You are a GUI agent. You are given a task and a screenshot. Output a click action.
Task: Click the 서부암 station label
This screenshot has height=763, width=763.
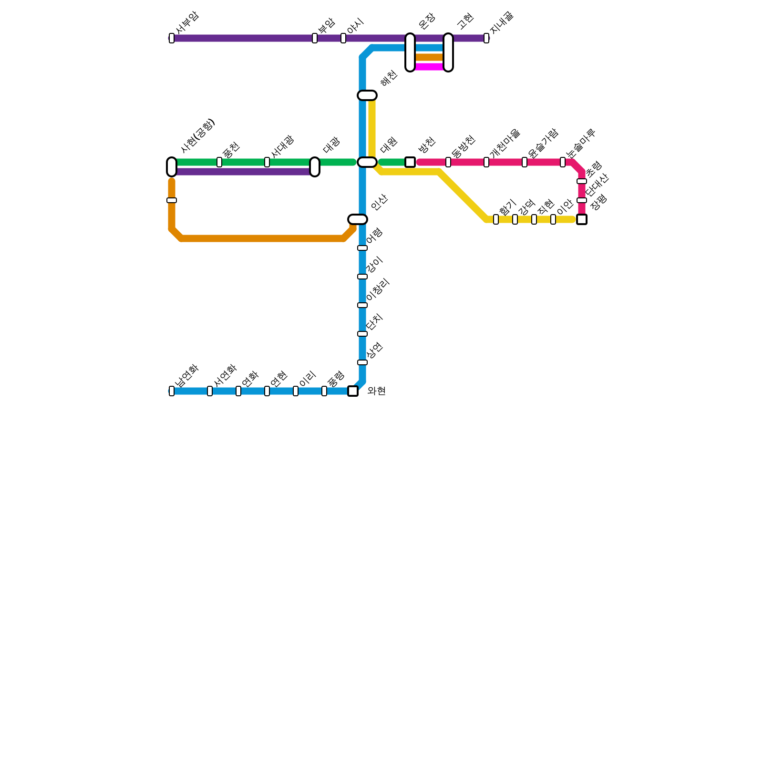[187, 22]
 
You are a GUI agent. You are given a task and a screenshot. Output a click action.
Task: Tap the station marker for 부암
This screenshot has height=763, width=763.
[315, 38]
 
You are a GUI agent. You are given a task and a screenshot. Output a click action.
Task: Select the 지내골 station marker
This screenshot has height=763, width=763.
[486, 38]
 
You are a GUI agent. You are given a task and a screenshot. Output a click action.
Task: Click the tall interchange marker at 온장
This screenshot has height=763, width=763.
[410, 52]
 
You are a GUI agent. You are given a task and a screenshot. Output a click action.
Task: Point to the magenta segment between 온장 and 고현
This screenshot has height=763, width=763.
[429, 67]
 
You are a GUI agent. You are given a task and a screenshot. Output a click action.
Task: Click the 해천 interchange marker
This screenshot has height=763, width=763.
[367, 95]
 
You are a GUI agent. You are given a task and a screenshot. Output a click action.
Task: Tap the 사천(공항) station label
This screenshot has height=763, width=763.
[198, 136]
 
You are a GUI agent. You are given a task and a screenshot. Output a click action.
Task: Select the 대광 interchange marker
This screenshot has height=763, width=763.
[315, 167]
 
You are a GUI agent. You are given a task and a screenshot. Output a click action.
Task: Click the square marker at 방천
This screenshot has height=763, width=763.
[410, 162]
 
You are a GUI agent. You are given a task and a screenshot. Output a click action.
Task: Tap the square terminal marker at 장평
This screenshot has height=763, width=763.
[582, 219]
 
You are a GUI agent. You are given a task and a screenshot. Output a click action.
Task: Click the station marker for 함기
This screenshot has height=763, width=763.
[496, 219]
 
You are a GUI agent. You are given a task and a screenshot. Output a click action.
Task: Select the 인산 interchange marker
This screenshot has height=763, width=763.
[358, 219]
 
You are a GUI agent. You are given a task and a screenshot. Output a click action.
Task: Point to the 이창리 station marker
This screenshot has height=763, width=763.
[362, 305]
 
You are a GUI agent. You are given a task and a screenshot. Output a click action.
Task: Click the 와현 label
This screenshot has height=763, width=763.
[376, 392]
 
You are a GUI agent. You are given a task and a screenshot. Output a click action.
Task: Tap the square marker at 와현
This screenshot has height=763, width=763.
[353, 391]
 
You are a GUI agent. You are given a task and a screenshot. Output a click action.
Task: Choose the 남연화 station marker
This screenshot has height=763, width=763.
[172, 391]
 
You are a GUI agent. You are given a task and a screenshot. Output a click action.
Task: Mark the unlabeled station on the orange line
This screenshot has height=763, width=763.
[172, 200]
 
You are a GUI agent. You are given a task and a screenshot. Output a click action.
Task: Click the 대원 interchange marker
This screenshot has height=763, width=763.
[367, 162]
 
